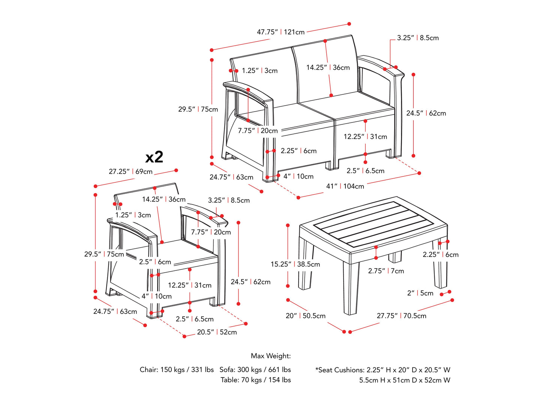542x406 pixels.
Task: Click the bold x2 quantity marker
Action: (x=154, y=157)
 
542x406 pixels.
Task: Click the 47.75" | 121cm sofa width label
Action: (x=281, y=32)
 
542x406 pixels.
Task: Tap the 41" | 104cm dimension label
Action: (x=345, y=186)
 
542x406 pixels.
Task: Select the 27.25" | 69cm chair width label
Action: (x=131, y=171)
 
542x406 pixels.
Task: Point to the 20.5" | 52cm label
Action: (x=217, y=332)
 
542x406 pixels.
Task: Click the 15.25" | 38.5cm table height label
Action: (x=295, y=264)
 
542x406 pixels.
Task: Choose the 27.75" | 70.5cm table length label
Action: (x=401, y=316)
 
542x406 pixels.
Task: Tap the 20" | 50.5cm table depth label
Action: (x=306, y=316)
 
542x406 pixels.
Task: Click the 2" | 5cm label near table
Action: (x=420, y=293)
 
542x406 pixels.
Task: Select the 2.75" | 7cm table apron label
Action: (x=386, y=271)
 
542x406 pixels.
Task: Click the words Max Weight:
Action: (x=271, y=356)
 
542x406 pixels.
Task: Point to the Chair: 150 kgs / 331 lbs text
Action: (x=177, y=370)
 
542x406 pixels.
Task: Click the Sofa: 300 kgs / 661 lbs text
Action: (x=255, y=370)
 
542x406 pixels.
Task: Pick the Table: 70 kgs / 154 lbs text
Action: (x=256, y=380)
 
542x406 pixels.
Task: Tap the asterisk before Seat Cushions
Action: (x=317, y=369)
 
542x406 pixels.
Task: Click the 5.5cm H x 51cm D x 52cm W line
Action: (x=405, y=380)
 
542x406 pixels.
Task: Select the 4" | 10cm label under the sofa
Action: (x=299, y=176)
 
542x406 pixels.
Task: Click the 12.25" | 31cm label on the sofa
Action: (x=365, y=137)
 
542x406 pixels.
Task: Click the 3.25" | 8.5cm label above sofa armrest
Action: (x=418, y=38)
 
